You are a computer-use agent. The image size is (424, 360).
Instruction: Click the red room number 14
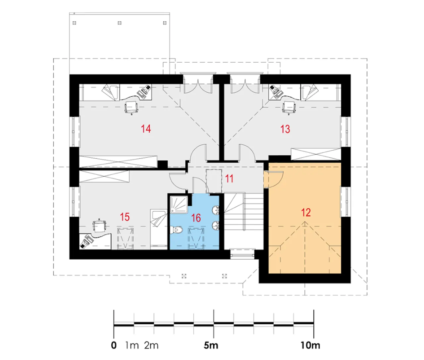[146, 129]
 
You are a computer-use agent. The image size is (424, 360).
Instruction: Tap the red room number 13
[285, 129]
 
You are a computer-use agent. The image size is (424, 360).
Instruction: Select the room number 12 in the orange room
[306, 212]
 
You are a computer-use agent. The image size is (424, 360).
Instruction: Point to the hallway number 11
[229, 179]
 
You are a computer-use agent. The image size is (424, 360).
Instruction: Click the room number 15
[125, 217]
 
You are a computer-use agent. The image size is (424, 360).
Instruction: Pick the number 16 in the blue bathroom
[196, 218]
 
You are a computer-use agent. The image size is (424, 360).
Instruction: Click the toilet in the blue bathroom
[176, 230]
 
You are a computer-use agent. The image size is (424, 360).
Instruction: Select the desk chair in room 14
[131, 108]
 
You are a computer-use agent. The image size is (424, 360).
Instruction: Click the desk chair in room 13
[289, 108]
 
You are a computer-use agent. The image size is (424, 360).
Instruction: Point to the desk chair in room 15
[99, 226]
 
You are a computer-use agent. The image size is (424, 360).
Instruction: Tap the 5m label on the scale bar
[211, 346]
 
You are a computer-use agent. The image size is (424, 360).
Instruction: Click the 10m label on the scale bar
[310, 346]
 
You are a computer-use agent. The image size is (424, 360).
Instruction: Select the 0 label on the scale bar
[114, 346]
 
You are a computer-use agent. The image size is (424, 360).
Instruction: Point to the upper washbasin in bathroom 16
[215, 210]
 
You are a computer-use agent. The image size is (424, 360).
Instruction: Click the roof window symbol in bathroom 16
[196, 238]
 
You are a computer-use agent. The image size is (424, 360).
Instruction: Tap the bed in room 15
[159, 229]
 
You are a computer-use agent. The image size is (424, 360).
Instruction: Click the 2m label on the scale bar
[151, 346]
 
